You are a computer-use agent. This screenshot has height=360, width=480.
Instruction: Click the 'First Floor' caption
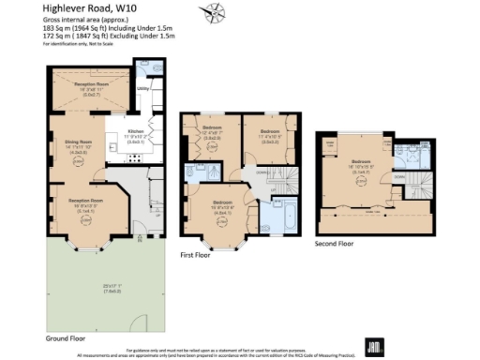tap(199, 253)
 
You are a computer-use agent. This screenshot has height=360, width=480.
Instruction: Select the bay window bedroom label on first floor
tap(223, 202)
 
